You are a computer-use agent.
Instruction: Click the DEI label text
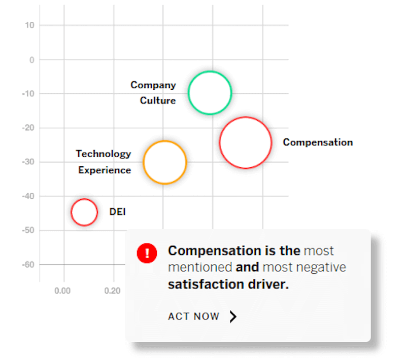point(117,212)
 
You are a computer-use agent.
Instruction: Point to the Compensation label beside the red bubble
point(318,142)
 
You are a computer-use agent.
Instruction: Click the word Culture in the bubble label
point(158,100)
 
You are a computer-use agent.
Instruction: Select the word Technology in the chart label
point(104,154)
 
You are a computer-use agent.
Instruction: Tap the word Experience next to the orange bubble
point(105,170)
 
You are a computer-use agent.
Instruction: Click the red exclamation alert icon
point(147,253)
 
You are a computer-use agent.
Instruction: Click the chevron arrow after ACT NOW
point(233,316)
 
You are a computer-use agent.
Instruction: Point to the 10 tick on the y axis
point(29,25)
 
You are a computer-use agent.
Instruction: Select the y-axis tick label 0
point(32,60)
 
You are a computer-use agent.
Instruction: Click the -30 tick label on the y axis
point(28,162)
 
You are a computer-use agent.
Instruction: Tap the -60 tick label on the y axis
point(28,265)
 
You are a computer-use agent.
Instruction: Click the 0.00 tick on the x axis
point(62,291)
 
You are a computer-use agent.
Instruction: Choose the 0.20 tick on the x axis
point(112,291)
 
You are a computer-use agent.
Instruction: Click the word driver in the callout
point(268,284)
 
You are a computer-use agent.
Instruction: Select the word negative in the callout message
point(321,267)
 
